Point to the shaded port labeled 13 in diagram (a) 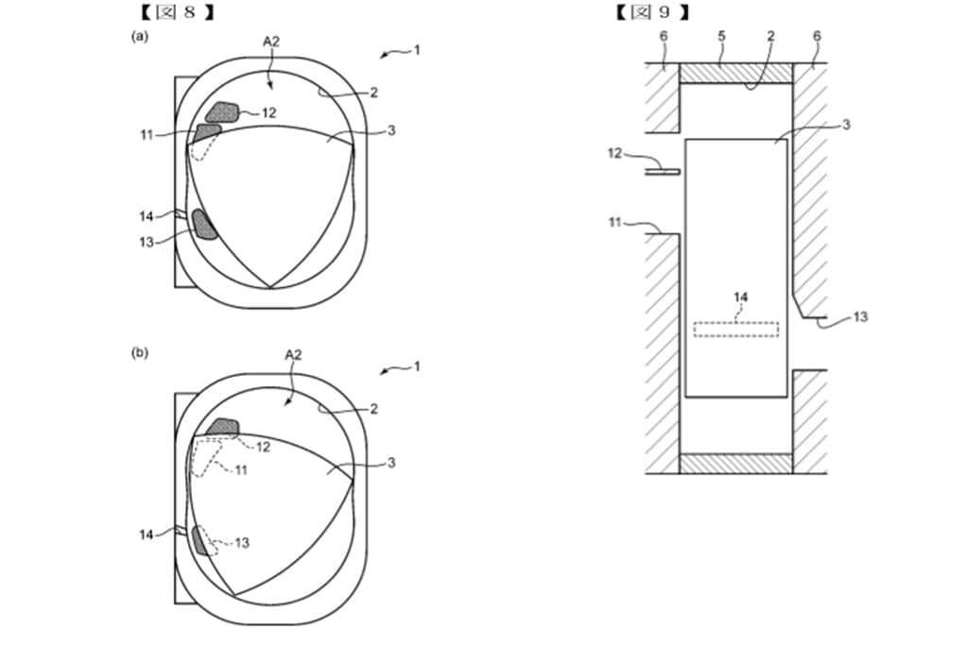(203, 224)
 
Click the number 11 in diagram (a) (147, 134)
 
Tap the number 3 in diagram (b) (391, 463)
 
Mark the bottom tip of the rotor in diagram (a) (270, 287)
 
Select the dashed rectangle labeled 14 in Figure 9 (735, 329)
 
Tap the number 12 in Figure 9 (614, 154)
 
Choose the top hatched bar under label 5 (735, 74)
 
